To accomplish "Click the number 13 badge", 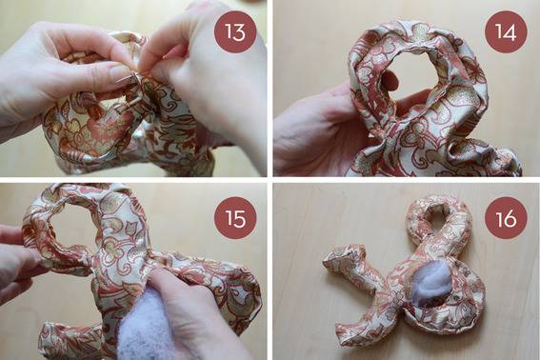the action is point(235,31).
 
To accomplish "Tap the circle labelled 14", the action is point(506,31).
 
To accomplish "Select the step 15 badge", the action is point(235,218).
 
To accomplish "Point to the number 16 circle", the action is point(506,218).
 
